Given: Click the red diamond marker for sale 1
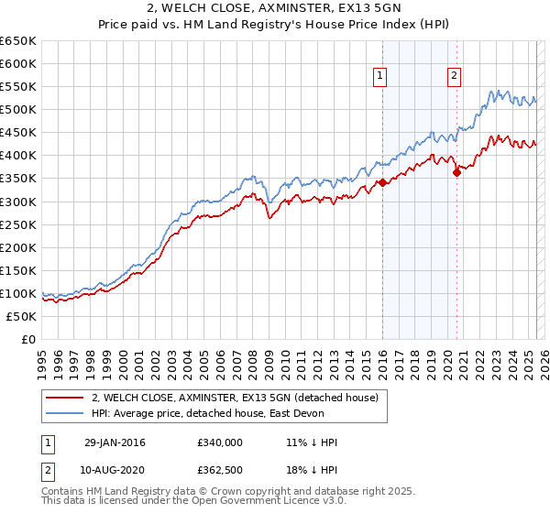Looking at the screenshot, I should click(x=381, y=182).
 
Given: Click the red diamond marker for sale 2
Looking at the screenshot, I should click(x=456, y=172).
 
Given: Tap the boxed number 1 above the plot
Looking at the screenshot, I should click(x=380, y=77).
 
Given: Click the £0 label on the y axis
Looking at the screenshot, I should click(x=28, y=339).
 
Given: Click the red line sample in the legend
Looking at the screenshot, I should click(x=65, y=397).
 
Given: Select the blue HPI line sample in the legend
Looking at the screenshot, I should click(x=65, y=413).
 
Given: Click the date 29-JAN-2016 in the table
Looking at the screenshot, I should click(x=115, y=442).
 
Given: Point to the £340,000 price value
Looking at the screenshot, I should click(x=220, y=442).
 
